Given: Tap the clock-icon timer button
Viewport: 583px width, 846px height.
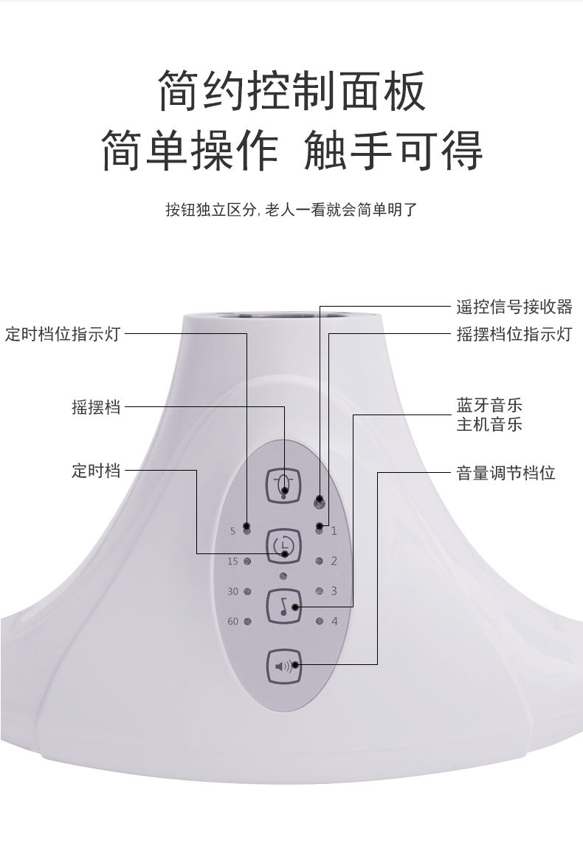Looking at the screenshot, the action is pos(283,545).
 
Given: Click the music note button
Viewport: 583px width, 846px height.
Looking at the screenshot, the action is pos(283,606).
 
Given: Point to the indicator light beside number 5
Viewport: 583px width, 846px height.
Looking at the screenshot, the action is pos(246,531).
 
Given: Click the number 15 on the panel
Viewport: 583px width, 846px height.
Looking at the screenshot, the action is pos(232,562).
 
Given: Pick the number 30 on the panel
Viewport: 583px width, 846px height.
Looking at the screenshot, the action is pos(232,591).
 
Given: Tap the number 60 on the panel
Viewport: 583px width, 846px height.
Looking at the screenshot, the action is pos(232,621).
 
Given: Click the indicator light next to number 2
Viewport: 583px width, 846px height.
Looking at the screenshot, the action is pos(320,561).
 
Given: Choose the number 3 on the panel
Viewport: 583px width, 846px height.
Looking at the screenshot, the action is pos(334,591).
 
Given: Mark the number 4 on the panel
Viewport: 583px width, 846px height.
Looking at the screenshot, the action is pos(334,621).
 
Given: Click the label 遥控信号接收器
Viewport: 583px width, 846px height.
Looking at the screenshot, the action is pos(514,307).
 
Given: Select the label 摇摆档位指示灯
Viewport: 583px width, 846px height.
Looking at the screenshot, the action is pos(514,334).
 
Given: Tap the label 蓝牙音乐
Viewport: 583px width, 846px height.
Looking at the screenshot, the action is pos(489,406).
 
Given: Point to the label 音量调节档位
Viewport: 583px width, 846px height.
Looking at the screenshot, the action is pos(506,472).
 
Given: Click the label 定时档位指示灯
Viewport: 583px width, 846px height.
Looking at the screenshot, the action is pos(62,334).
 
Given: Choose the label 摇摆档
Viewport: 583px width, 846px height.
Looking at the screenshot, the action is pos(95,406).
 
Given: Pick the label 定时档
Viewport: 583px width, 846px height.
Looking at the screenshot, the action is pos(95,471).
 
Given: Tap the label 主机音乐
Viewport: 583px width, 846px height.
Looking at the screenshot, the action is pos(489,425).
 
